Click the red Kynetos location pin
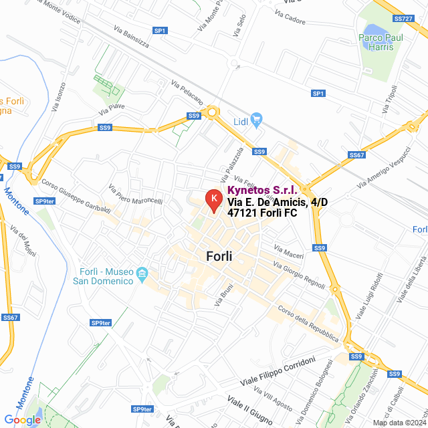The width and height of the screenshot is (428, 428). [x=213, y=200]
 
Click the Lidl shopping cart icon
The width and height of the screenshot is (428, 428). [x=257, y=121]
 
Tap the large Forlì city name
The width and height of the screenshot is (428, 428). [x=219, y=256]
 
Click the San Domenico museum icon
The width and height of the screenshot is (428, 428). [x=142, y=274]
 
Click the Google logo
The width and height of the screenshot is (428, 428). [x=23, y=420]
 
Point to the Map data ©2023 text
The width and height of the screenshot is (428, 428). [x=399, y=423]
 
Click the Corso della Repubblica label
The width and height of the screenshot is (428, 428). [x=308, y=324]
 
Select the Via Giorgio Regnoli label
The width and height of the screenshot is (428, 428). [x=298, y=274]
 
